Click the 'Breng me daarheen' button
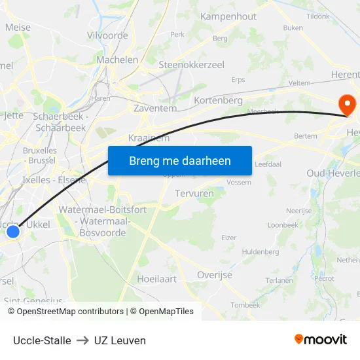click(x=179, y=160)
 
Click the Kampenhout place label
click(x=228, y=16)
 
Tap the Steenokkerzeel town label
click(x=192, y=65)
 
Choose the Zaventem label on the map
click(x=155, y=109)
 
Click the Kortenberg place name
click(x=219, y=101)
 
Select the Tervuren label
click(x=194, y=194)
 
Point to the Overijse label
click(x=215, y=275)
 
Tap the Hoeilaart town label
click(x=156, y=279)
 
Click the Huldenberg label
click(x=261, y=251)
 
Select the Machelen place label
click(x=117, y=60)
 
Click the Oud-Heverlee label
click(x=333, y=173)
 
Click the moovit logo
click(x=320, y=340)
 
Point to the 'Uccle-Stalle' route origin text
click(x=42, y=340)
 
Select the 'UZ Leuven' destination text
click(x=120, y=340)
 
